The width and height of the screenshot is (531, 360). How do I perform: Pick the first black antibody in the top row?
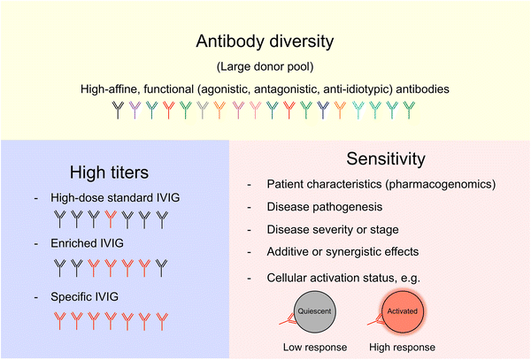119,110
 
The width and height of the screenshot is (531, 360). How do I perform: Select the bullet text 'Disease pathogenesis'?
324,208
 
